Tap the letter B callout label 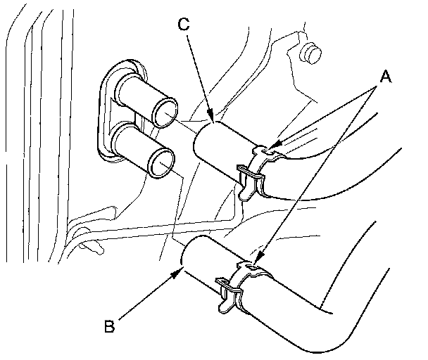[108, 326]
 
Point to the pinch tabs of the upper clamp [248, 180]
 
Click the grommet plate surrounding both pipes [106, 112]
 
